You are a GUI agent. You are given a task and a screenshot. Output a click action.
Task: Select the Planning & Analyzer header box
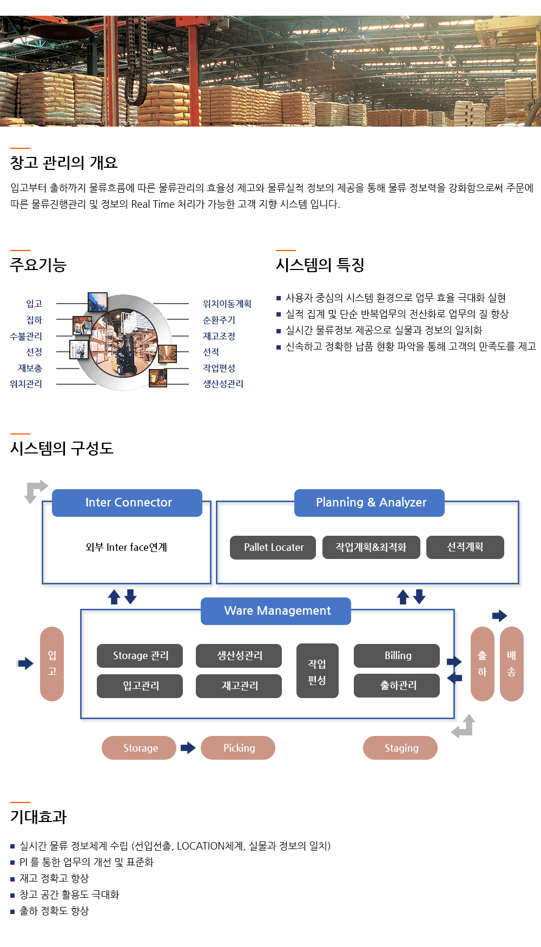370,503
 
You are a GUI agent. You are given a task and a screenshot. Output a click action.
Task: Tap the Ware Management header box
276,611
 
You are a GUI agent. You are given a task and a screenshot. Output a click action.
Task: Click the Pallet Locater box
273,548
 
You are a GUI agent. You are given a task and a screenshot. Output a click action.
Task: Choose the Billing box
397,656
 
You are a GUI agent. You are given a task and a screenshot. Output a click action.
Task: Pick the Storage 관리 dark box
140,656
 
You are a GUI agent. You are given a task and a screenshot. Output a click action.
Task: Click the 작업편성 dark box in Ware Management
318,670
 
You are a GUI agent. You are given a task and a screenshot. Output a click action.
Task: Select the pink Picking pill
238,748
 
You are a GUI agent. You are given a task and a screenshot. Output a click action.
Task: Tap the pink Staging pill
400,748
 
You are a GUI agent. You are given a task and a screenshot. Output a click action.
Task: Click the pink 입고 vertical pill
52,664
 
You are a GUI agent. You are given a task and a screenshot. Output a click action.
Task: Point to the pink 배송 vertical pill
512,664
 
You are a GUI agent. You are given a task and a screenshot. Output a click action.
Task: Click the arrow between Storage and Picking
188,748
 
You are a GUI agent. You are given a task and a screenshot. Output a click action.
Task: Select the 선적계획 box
465,547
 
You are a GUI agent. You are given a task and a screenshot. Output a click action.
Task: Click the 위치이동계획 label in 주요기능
227,304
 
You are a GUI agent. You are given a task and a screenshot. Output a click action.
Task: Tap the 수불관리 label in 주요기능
26,336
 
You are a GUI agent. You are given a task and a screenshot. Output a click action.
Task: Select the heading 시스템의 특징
320,265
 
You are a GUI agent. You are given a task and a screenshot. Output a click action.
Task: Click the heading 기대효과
38,817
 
